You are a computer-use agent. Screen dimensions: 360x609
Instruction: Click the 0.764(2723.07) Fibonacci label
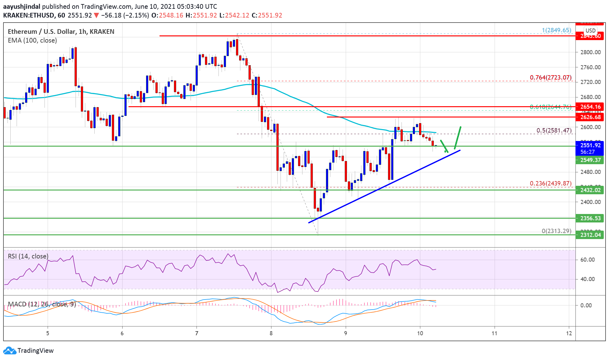point(550,77)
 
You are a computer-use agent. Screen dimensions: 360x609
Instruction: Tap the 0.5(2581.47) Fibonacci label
point(554,130)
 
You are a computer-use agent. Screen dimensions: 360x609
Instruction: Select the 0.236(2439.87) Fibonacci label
point(550,183)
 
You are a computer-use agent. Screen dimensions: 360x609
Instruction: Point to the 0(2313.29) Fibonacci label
point(556,231)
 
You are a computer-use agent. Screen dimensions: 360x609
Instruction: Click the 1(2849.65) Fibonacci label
point(556,30)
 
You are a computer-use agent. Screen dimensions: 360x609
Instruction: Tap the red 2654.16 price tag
point(590,107)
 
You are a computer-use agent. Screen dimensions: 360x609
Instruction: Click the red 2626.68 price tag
point(590,117)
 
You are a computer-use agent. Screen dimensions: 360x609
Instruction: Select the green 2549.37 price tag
point(590,160)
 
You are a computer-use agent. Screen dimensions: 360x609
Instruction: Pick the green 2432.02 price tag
point(590,190)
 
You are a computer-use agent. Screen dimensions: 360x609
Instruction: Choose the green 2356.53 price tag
point(590,218)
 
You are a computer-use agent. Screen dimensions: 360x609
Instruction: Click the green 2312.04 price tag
point(590,235)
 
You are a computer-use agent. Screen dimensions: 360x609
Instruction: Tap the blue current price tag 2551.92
point(590,145)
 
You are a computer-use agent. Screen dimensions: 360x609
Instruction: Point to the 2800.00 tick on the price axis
point(590,52)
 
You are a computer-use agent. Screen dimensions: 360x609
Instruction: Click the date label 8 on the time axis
point(271,333)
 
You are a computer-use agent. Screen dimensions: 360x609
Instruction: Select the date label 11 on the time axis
point(494,333)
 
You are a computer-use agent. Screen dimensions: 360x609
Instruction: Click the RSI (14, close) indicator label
point(28,256)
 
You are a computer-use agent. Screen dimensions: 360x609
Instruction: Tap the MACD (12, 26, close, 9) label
point(42,304)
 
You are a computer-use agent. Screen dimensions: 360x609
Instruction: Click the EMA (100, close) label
point(32,40)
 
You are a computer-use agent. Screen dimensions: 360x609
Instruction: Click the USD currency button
point(591,31)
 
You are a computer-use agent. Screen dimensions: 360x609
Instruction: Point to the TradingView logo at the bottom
point(29,350)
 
